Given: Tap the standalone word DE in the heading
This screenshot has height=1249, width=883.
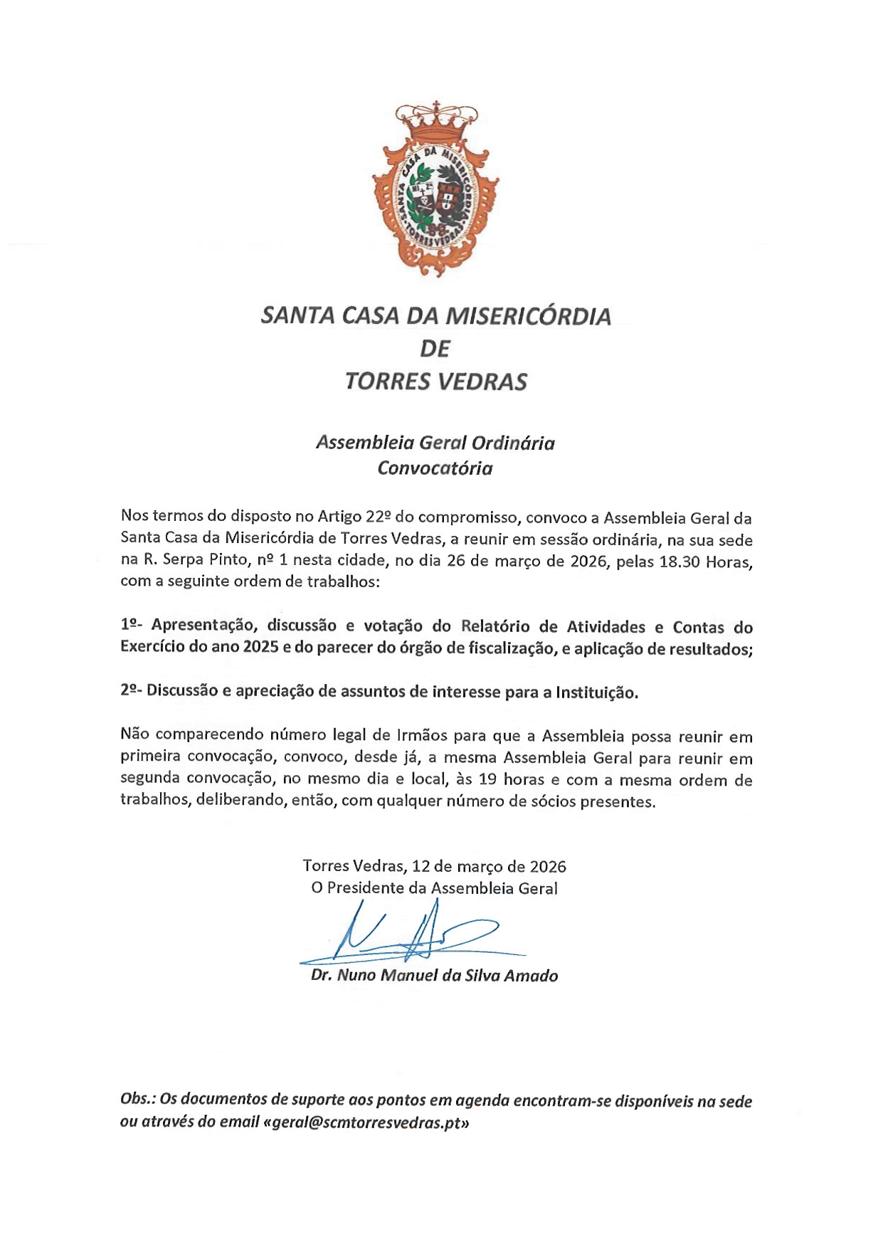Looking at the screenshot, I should pos(435,349).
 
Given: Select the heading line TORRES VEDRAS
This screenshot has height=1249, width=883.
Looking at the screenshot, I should pos(435,382).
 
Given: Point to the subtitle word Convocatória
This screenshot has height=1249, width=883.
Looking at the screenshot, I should pos(435,468).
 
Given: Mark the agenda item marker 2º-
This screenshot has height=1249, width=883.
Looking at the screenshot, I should pos(132,690).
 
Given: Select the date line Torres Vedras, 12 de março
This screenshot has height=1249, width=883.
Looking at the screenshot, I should pos(434,866).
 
